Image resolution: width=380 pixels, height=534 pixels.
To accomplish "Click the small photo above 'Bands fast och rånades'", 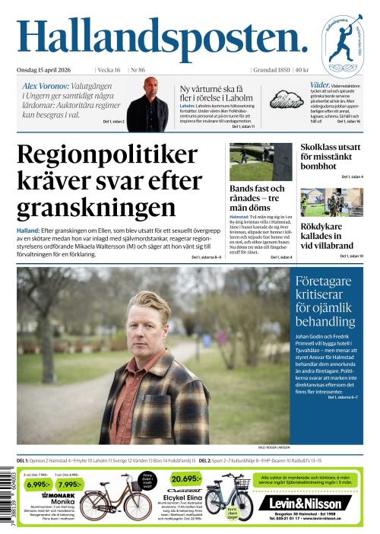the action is click(261, 161).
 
